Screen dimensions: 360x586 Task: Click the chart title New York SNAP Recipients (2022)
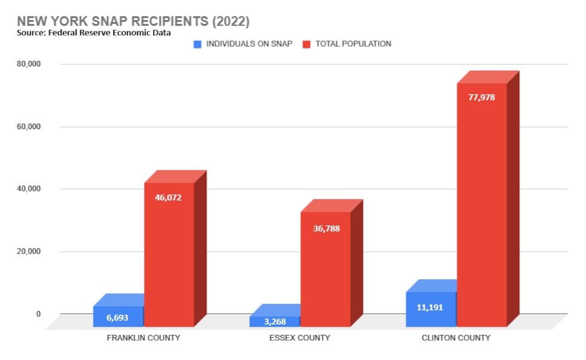pos(133,20)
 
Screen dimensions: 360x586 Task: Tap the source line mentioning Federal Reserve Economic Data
pos(94,33)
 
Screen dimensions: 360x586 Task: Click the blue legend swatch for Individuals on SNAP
pos(198,44)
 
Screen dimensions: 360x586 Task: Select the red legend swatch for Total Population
pos(307,44)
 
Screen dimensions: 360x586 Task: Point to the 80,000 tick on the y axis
pos(28,64)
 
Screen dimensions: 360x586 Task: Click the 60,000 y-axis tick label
pos(28,127)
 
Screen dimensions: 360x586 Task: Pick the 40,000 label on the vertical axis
pos(28,189)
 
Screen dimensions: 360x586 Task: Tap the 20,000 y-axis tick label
pos(28,252)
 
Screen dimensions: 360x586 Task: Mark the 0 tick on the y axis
pos(38,314)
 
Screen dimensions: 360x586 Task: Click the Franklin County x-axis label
pos(144,338)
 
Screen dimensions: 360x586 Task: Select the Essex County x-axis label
pos(300,338)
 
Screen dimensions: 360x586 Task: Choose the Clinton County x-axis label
pos(456,338)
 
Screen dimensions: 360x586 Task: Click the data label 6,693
pos(118,318)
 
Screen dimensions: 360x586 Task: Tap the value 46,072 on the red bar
pos(169,197)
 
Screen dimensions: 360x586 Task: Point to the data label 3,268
pos(274,322)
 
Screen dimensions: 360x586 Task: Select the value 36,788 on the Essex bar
pos(325,228)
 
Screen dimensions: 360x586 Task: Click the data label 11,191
pos(430,307)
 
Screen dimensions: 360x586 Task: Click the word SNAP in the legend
pos(282,44)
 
